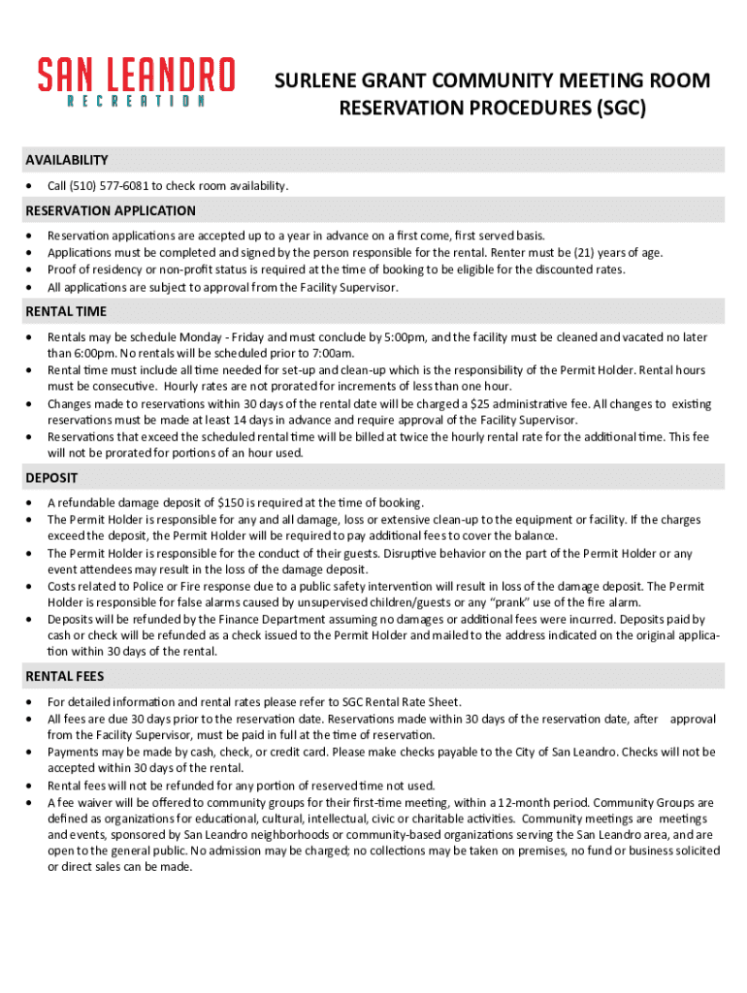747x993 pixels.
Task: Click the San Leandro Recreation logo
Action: tap(136, 81)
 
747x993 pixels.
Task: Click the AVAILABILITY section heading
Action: tap(67, 160)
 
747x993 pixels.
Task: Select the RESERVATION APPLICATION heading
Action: tap(111, 210)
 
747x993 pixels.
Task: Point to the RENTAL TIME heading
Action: tap(66, 311)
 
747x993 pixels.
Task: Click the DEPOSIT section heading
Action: tap(51, 478)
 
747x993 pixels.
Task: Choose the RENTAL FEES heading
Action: tap(65, 676)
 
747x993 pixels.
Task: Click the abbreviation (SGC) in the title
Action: tap(617, 109)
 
